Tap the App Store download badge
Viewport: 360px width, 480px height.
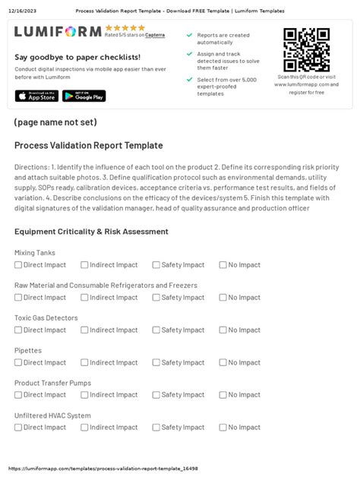tap(35, 96)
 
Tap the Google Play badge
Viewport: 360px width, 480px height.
tap(84, 96)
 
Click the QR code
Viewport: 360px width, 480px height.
tap(306, 49)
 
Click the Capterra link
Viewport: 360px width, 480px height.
tap(155, 35)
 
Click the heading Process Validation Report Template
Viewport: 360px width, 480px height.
tap(88, 145)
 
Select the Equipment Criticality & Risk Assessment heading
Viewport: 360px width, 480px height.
tap(91, 232)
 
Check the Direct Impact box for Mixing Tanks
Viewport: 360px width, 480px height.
tap(18, 265)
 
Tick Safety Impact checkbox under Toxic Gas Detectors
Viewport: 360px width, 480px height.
tap(156, 330)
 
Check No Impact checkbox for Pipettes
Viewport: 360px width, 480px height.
tap(223, 362)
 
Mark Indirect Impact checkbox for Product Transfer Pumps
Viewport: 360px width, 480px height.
tap(84, 395)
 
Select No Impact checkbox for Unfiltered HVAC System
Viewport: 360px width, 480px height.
tap(223, 428)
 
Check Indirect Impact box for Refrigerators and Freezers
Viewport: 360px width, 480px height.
tap(84, 298)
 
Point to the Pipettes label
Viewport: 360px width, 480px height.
tap(28, 350)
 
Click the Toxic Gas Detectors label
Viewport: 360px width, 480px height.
tap(46, 317)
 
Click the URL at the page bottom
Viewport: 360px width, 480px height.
tap(103, 469)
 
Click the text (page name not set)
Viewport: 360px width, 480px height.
tap(55, 122)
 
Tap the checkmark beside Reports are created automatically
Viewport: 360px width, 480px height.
tap(189, 35)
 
